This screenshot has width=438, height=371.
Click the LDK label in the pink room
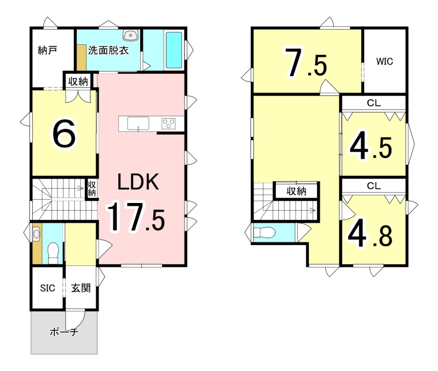[x=139, y=182]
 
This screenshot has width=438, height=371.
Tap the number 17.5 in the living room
[x=136, y=217]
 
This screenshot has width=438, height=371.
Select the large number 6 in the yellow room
[x=64, y=134]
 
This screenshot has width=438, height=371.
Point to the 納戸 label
[x=48, y=50]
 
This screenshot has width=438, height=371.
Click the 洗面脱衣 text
[x=108, y=50]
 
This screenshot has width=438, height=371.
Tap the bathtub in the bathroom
[x=174, y=50]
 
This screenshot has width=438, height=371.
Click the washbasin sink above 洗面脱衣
[x=130, y=36]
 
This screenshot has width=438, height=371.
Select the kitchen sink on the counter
[x=138, y=124]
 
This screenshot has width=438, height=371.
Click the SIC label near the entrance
[x=48, y=288]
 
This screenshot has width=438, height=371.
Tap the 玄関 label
[x=80, y=288]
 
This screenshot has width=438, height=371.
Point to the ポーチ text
[x=64, y=332]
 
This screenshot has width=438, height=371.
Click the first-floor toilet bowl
[x=53, y=253]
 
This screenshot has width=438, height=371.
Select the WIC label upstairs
[x=384, y=61]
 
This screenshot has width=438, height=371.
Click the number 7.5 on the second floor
[x=306, y=62]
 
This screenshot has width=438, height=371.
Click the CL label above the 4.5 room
[x=374, y=103]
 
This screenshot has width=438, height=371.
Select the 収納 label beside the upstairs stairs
[x=296, y=191]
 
